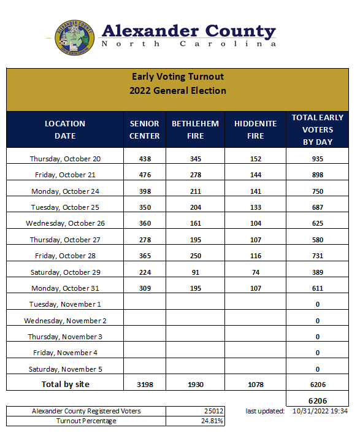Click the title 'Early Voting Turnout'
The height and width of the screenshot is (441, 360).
tap(178, 77)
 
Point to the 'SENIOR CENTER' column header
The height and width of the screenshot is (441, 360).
tap(145, 129)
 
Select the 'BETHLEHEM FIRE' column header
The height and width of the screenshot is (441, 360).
tap(195, 129)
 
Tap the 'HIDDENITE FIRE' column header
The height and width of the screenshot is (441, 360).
tap(255, 129)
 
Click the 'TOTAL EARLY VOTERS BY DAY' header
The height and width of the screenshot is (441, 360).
tap(318, 129)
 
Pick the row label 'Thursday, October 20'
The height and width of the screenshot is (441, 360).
tap(65, 159)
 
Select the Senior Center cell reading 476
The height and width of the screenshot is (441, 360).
tap(145, 175)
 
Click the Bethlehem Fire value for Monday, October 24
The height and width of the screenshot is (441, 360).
tap(195, 191)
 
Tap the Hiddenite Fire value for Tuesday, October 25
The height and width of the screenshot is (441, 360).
tap(255, 207)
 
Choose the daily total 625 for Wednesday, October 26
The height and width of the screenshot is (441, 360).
tap(318, 223)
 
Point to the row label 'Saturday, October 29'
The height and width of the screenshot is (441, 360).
tap(65, 272)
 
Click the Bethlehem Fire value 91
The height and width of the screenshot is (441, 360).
tap(195, 272)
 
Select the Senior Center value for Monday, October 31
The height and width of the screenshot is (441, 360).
tap(145, 288)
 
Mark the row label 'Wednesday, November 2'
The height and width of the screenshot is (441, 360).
tap(65, 321)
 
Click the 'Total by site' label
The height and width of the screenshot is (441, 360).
tap(65, 385)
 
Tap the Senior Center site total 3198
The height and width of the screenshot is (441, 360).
tap(145, 385)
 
